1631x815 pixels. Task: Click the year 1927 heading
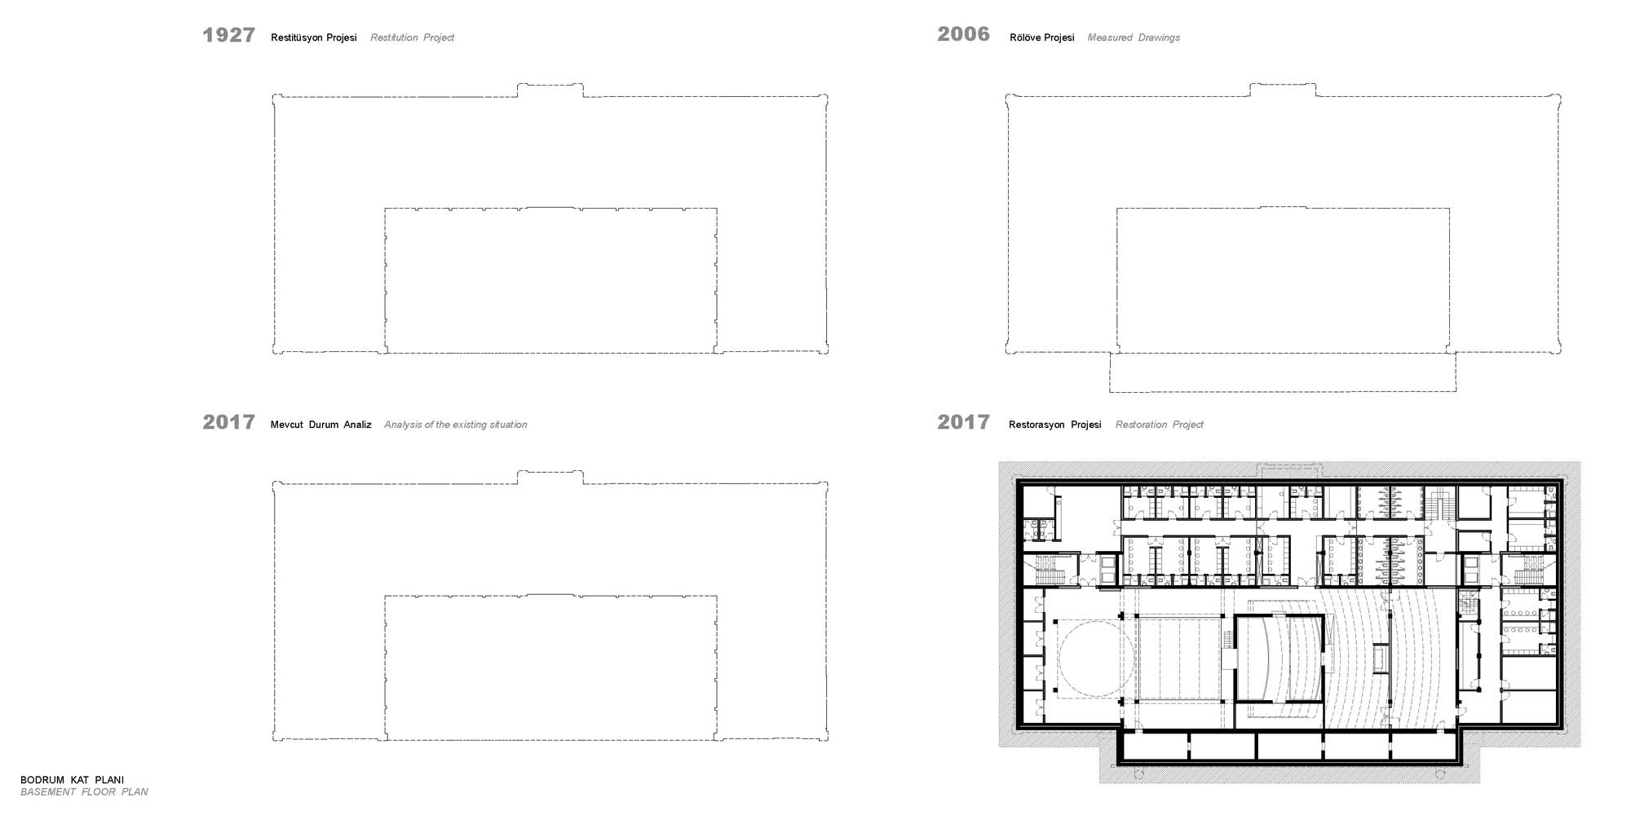(x=228, y=35)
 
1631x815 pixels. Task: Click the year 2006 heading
(x=963, y=34)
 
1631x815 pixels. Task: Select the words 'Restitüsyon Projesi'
(x=314, y=37)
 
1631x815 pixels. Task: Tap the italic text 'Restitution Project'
(x=412, y=37)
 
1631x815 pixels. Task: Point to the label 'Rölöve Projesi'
(x=1042, y=37)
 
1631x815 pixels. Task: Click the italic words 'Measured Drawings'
(x=1134, y=37)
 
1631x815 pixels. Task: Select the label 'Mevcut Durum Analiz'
(x=321, y=425)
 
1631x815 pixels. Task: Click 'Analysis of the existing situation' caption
(x=456, y=425)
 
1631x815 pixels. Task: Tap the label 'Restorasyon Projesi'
(x=1055, y=425)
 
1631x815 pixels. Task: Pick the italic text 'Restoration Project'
(x=1160, y=425)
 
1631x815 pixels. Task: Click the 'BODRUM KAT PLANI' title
(x=73, y=780)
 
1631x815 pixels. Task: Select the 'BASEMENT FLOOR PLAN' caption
(x=84, y=792)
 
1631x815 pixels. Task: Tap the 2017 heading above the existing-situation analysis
(x=228, y=422)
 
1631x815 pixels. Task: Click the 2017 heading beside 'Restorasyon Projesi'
(x=963, y=422)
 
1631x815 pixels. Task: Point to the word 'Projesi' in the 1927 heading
(x=341, y=37)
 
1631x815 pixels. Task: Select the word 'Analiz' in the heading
(x=357, y=425)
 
